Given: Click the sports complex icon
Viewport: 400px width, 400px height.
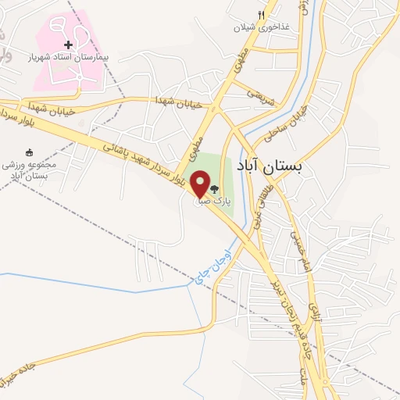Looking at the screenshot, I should coord(30,152).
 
